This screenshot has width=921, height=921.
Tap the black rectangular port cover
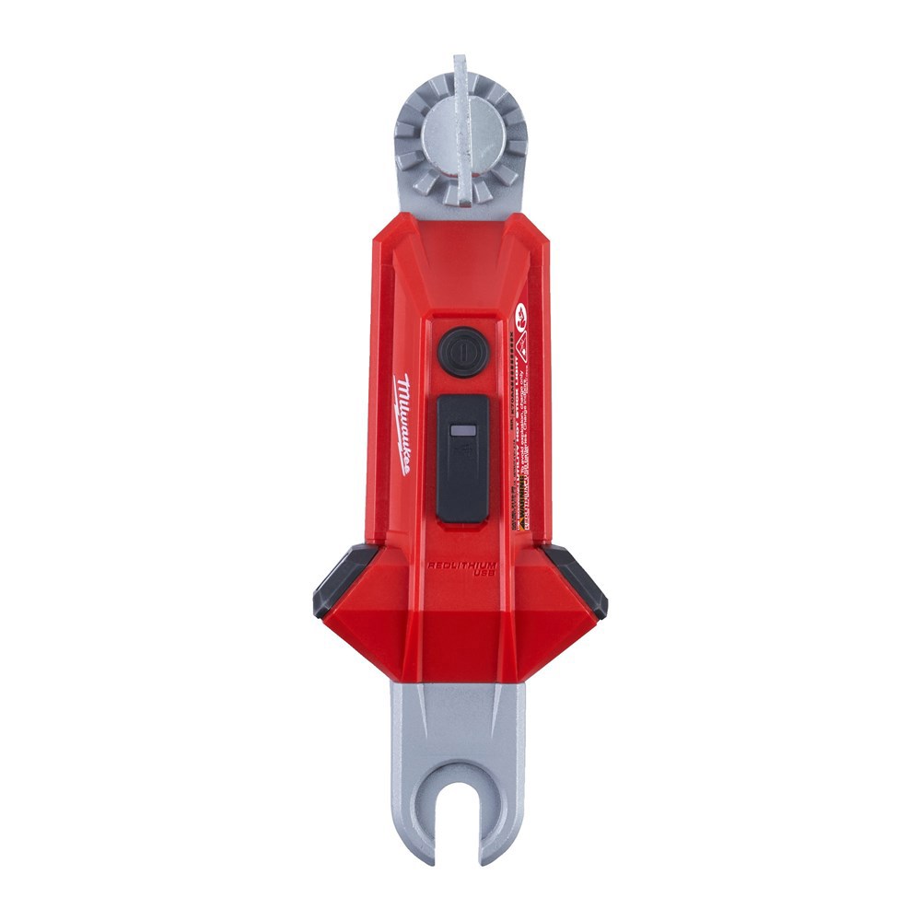(x=461, y=458)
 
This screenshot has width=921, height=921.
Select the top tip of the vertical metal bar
(x=460, y=61)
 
